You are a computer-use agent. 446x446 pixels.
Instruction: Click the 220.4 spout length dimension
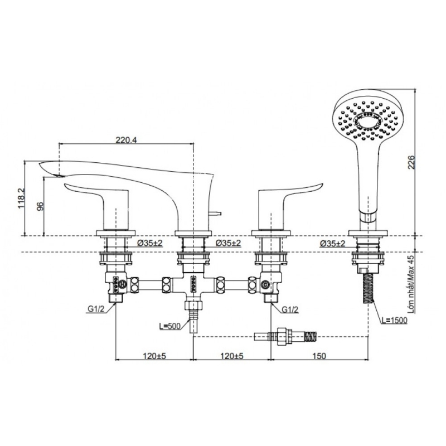(x=126, y=140)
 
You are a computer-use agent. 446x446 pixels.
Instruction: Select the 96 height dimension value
(x=39, y=206)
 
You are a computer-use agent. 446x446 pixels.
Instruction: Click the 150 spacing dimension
(x=318, y=355)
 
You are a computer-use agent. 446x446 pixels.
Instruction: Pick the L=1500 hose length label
(x=394, y=320)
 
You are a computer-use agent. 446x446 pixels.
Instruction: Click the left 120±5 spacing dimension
(x=154, y=355)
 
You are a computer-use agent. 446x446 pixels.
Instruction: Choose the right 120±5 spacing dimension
(x=231, y=355)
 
